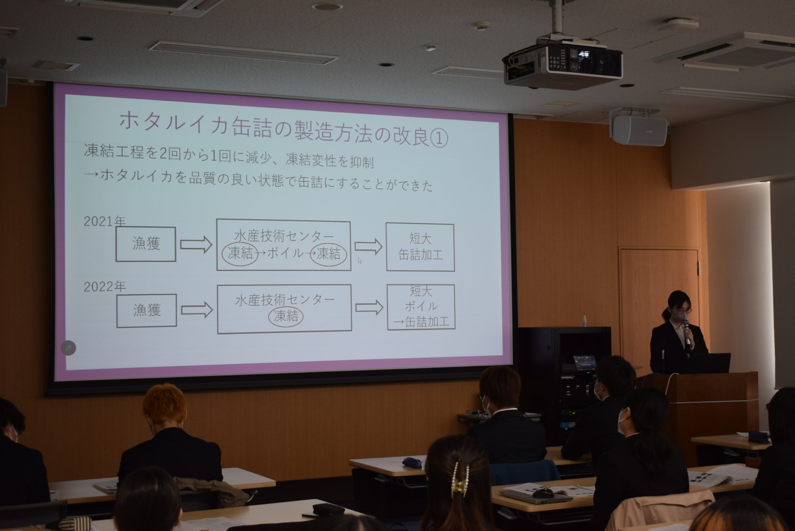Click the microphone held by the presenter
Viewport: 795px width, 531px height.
(x=687, y=332)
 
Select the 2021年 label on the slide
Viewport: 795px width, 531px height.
(x=104, y=221)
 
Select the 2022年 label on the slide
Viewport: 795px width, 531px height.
(x=104, y=286)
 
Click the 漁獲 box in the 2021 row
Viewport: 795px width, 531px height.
(x=146, y=244)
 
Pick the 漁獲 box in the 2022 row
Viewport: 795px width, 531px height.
(x=146, y=310)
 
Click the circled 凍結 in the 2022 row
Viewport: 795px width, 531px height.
(x=286, y=316)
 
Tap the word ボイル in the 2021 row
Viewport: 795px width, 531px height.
(x=285, y=253)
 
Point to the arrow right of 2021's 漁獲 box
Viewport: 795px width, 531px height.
(x=196, y=245)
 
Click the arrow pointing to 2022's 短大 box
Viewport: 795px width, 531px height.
(x=369, y=308)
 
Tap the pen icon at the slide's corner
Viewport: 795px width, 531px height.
(x=68, y=348)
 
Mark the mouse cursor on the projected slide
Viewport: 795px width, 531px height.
(x=360, y=260)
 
